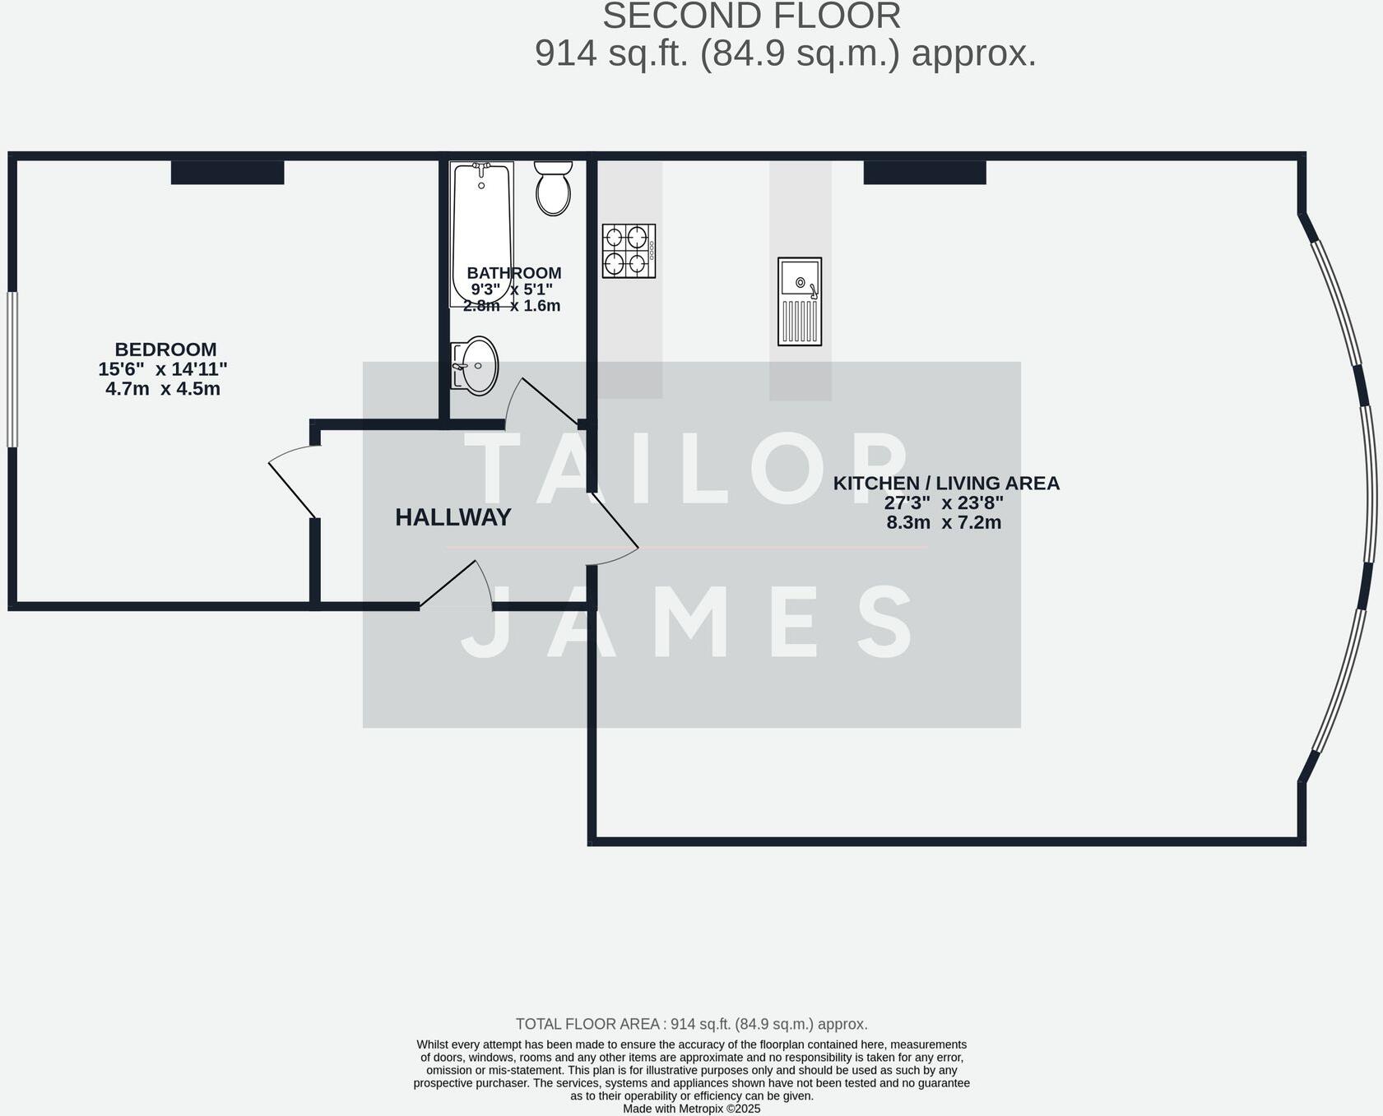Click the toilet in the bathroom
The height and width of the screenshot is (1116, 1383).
click(x=553, y=188)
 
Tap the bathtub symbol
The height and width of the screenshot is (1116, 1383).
click(x=481, y=234)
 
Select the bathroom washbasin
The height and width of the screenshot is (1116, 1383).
click(x=476, y=366)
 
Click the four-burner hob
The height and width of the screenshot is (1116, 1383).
click(x=629, y=251)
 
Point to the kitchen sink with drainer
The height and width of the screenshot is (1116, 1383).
click(x=800, y=301)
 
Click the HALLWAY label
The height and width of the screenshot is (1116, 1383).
click(x=453, y=517)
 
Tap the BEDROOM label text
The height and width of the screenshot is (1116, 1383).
click(x=165, y=350)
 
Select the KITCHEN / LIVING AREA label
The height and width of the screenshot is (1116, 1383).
click(x=946, y=484)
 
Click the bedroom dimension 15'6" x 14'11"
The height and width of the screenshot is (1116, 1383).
click(x=163, y=369)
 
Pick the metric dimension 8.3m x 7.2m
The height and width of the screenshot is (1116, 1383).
click(x=944, y=522)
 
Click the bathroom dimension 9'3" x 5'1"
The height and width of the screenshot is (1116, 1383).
click(x=511, y=289)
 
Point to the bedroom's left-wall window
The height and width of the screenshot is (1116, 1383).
click(x=12, y=369)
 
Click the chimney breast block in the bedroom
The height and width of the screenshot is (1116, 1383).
click(x=227, y=172)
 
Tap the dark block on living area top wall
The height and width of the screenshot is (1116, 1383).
click(x=924, y=172)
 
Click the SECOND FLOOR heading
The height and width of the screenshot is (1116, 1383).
click(x=751, y=16)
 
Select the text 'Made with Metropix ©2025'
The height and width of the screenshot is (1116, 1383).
click(x=691, y=1109)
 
